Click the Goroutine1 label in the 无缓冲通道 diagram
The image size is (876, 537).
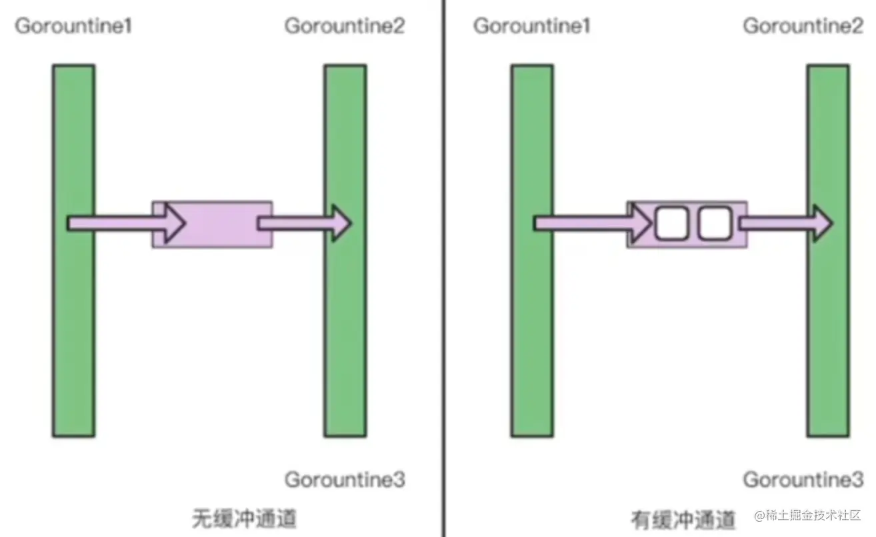coord(73,27)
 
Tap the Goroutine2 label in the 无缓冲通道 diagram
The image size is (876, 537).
coord(345,27)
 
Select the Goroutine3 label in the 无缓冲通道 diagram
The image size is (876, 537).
coord(345,480)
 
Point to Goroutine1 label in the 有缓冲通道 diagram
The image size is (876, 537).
coord(532,27)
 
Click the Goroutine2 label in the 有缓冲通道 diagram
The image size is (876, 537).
coord(803,27)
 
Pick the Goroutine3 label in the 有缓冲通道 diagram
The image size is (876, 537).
coord(803,480)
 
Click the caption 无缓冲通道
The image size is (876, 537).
coord(244,518)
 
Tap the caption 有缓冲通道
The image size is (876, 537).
coord(683,518)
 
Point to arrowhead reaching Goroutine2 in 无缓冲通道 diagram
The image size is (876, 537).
coord(341,223)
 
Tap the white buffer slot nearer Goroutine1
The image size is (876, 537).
coord(671,223)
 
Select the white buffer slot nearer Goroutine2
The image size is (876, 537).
coord(715,223)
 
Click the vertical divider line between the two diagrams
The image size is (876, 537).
coord(443,267)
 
